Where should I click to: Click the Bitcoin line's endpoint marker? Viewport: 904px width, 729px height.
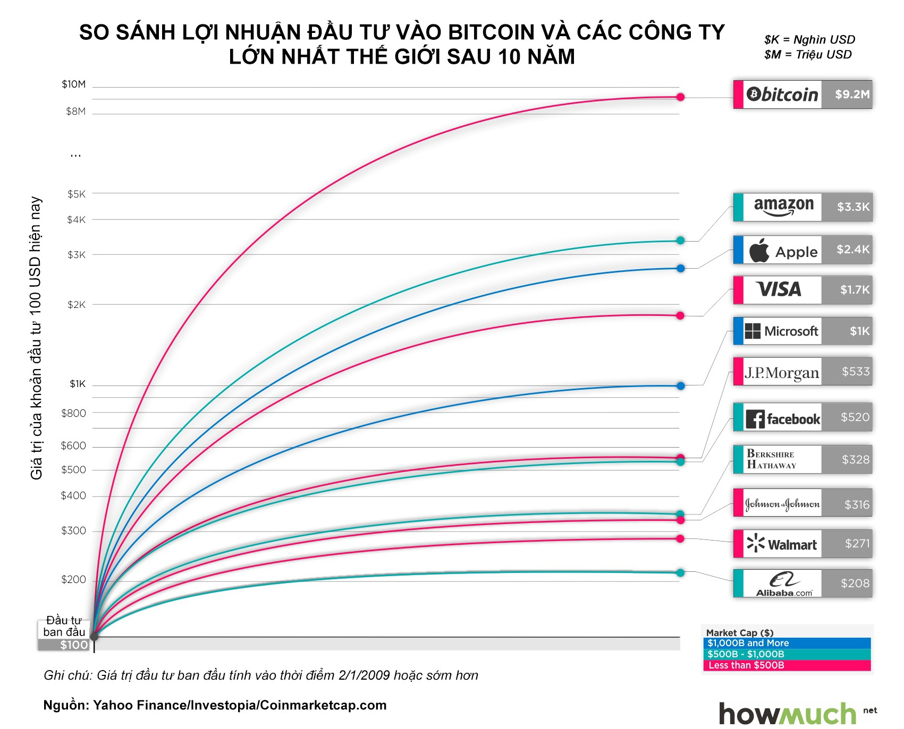[x=680, y=97]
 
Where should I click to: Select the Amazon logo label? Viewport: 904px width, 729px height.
[x=783, y=207]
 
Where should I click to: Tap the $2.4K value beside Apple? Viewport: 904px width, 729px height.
[x=852, y=250]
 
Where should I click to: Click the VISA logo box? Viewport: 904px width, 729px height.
[x=780, y=290]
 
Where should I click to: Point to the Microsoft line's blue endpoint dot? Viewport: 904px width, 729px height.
[x=681, y=385]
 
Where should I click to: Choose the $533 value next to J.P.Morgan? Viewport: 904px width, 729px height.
[x=855, y=372]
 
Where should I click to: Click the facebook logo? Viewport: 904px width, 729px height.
[x=783, y=419]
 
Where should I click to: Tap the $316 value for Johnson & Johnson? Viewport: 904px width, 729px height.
[x=856, y=504]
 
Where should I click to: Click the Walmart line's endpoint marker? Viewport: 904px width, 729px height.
[x=680, y=539]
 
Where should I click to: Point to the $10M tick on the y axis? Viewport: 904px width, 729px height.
[x=73, y=84]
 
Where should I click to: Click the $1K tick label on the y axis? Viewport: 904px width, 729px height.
[x=78, y=384]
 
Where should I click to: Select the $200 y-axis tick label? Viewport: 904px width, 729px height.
[x=73, y=579]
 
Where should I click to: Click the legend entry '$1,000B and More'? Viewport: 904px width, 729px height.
[x=748, y=643]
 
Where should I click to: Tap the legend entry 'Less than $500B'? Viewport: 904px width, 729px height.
[x=746, y=665]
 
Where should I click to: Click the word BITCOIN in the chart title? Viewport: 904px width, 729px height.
[x=491, y=32]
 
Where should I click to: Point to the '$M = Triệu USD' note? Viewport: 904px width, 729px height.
[x=808, y=55]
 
